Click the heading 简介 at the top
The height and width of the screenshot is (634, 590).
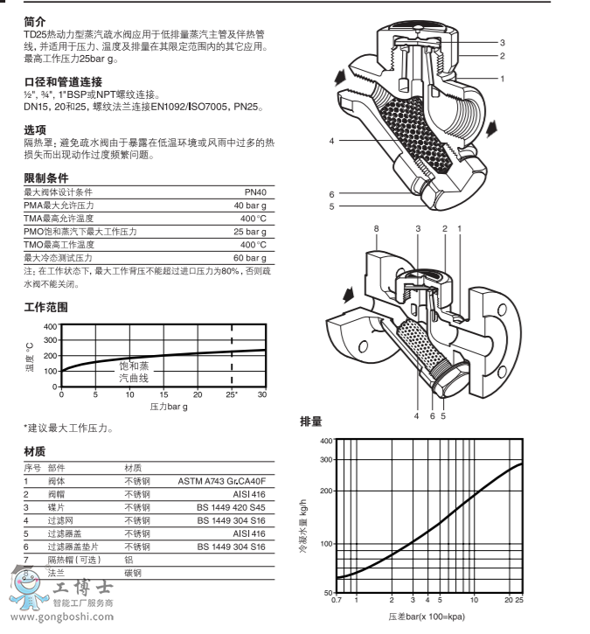[x=36, y=19]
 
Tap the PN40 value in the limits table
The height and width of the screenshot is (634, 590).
[x=255, y=192]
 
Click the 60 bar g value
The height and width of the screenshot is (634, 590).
[x=249, y=259]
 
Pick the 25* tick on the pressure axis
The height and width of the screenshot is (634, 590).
[x=231, y=395]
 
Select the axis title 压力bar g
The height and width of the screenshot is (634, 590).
[x=169, y=408]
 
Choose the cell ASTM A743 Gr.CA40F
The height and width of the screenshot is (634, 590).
[x=221, y=481]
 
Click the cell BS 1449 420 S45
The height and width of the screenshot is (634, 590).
[x=231, y=507]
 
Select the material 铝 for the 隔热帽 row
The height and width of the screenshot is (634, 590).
[x=128, y=560]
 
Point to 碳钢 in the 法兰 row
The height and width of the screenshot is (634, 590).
[x=133, y=573]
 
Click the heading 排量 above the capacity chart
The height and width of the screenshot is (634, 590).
[x=311, y=421]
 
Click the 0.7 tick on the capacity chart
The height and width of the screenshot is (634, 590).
[x=337, y=600]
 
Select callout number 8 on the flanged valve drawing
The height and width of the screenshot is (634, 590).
[x=375, y=228]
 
